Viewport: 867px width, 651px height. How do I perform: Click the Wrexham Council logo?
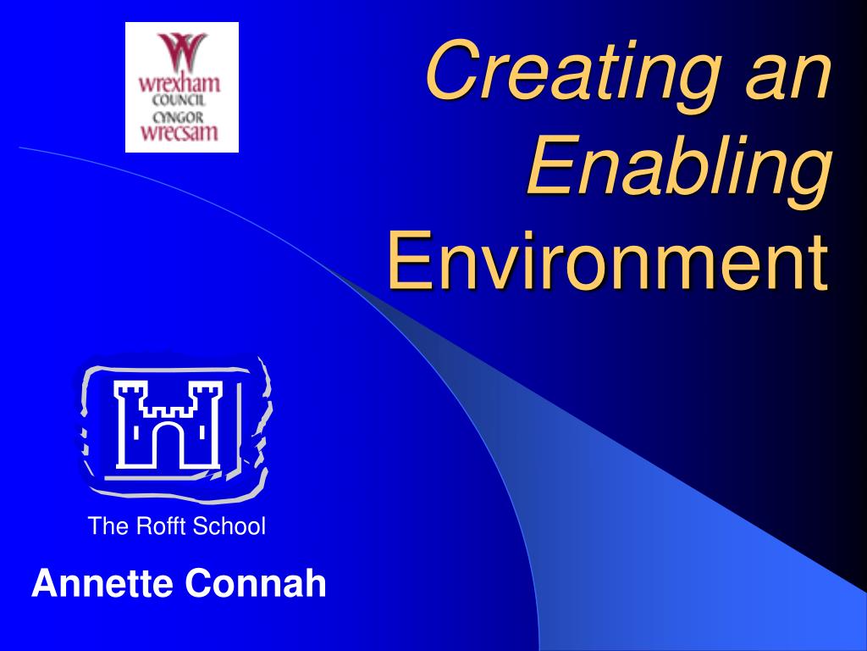(x=182, y=87)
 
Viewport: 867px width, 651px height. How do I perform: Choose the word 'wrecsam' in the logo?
(x=179, y=131)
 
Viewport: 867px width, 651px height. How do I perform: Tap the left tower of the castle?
(x=132, y=424)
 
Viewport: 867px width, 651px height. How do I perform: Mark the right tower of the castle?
(x=205, y=424)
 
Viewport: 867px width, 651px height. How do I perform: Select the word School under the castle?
(x=229, y=526)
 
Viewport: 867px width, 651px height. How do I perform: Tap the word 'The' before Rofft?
(x=108, y=526)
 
